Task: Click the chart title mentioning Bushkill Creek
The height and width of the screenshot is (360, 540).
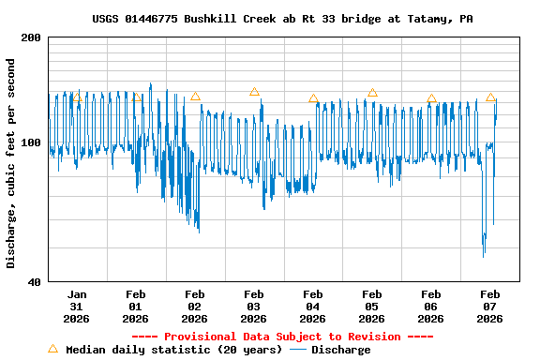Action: point(282,19)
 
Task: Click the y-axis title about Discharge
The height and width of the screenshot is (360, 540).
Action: point(11,163)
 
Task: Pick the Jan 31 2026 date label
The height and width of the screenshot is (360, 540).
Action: point(77,306)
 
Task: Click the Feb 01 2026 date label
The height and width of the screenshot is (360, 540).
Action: point(136,306)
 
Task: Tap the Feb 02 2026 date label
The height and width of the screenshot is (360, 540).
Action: point(195,306)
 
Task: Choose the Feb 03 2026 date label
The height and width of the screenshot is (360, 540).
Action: point(254,306)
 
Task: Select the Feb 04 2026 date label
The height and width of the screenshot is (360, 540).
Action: point(313,306)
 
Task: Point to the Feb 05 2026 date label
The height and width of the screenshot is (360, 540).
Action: point(372,306)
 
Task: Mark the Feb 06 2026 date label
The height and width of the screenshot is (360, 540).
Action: point(431,306)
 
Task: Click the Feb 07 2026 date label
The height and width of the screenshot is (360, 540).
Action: point(490,306)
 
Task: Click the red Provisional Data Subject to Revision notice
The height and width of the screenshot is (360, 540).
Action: point(282,337)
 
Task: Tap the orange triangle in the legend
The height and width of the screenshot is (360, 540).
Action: point(52,349)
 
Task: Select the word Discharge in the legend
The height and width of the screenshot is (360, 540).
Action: point(340,350)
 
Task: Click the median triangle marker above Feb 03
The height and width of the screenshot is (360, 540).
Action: point(254,92)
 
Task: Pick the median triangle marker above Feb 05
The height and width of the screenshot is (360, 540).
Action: point(372,93)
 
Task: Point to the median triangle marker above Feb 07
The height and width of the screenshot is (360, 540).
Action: point(490,97)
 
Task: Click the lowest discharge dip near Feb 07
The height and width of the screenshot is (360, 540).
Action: point(484,256)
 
